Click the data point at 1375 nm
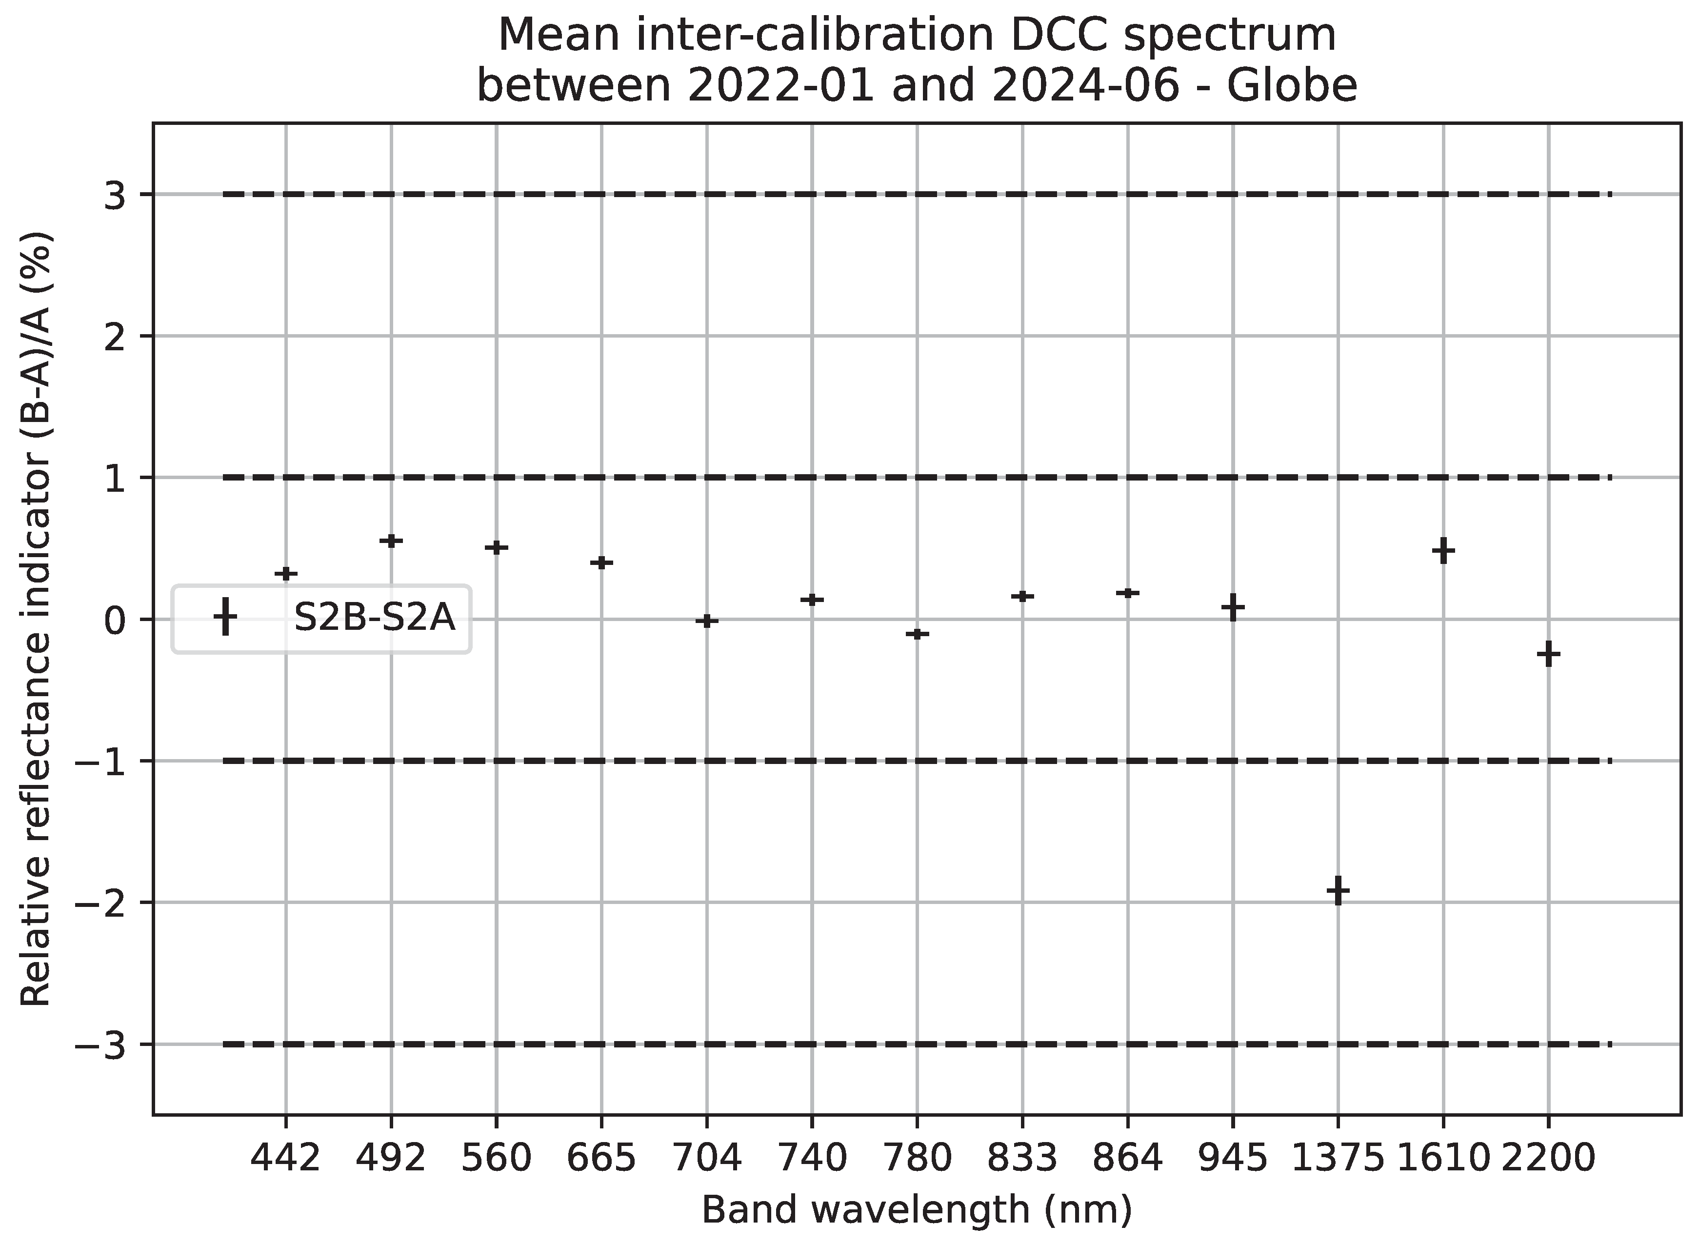(x=1338, y=890)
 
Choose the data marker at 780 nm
(x=917, y=634)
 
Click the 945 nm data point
(x=1233, y=606)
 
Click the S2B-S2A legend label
(x=375, y=619)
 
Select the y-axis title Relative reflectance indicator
(x=36, y=618)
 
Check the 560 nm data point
(x=496, y=547)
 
